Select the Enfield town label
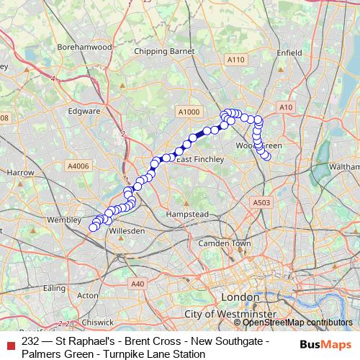coord(288,52)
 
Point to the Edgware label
coord(84,112)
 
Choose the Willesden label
coord(128,231)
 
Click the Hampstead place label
coord(188,215)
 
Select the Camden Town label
coord(224,243)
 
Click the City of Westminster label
coord(230,315)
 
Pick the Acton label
coord(87,295)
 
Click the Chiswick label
coord(97,323)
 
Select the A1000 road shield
coord(188,112)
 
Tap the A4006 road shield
coord(78,166)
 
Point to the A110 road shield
coord(235,60)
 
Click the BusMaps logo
coord(325,345)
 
